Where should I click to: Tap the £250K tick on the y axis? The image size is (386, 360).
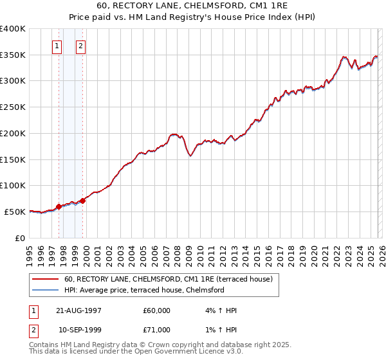point(13,107)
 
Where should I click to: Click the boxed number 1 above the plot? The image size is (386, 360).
point(57,46)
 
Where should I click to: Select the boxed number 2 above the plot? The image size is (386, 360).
point(80,46)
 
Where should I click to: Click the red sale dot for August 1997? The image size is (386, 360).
point(59,206)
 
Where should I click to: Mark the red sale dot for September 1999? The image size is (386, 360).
point(83,201)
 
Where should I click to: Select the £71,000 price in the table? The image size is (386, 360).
point(157,330)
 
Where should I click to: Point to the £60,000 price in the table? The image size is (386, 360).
point(157,310)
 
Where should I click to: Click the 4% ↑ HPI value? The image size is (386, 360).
point(219,310)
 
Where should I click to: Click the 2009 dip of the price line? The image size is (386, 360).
point(190,156)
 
